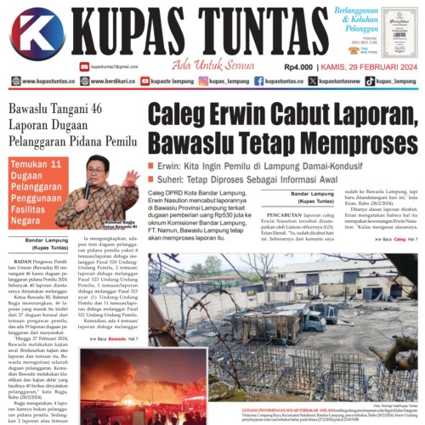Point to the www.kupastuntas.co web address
click(43, 82)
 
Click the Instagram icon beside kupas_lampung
click(204, 82)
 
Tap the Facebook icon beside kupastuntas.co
click(258, 82)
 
